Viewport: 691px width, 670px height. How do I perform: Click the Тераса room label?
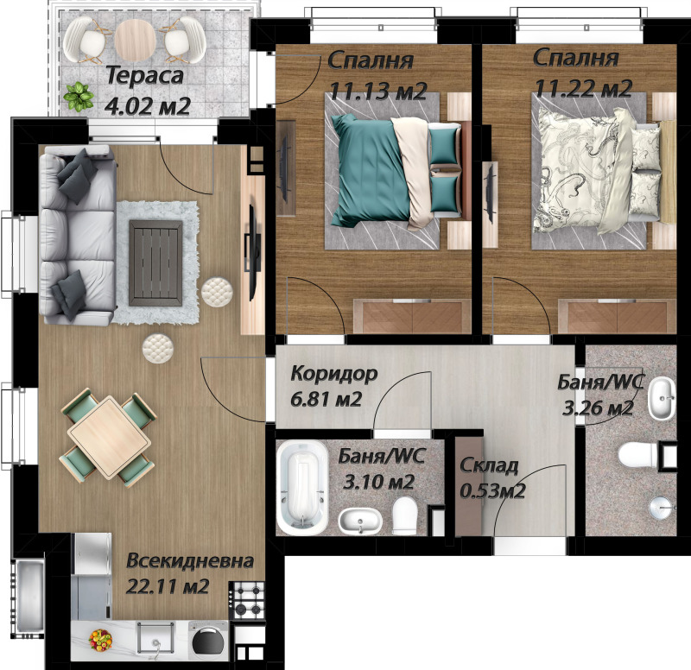click(145, 76)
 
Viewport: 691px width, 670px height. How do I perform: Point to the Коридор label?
click(334, 375)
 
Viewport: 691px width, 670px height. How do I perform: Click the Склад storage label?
click(490, 467)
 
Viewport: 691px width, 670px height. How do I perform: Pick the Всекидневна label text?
click(190, 561)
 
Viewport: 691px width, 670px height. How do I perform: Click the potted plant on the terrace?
click(79, 96)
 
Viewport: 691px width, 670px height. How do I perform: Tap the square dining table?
click(110, 434)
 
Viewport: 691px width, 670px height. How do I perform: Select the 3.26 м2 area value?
click(599, 408)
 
